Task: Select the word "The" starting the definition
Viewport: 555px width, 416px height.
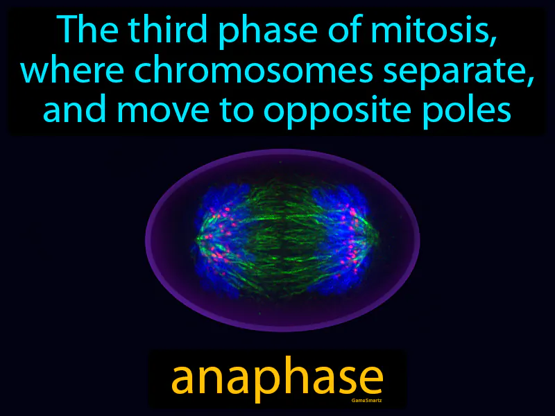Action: click(83, 31)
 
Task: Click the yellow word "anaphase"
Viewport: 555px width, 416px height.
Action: click(277, 379)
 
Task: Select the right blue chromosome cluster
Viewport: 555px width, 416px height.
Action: click(340, 236)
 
